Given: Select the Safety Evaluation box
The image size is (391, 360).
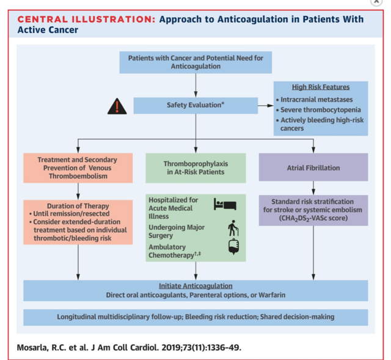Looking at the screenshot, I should pyautogui.click(x=195, y=105).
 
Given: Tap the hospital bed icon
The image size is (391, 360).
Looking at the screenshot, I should pyautogui.click(x=222, y=204).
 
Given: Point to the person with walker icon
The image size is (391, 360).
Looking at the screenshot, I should pyautogui.click(x=234, y=228).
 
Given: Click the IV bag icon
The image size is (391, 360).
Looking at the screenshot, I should pyautogui.click(x=233, y=248).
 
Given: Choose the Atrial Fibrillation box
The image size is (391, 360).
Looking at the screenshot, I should pyautogui.click(x=313, y=167).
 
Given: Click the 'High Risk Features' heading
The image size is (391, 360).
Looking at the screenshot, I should pyautogui.click(x=320, y=87).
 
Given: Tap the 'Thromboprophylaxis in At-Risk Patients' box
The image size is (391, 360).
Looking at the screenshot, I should pyautogui.click(x=195, y=167).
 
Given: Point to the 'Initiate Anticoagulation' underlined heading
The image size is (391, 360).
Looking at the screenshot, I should pyautogui.click(x=195, y=285).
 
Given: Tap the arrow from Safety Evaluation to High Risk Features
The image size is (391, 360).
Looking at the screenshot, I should pyautogui.click(x=264, y=105).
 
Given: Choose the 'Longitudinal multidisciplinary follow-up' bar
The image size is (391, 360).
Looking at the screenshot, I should pyautogui.click(x=195, y=317).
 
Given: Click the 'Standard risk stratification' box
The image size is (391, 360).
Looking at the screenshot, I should pyautogui.click(x=313, y=210).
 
